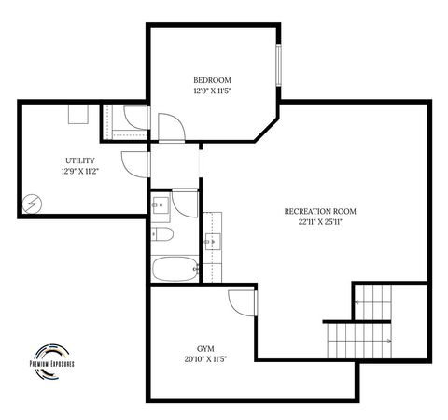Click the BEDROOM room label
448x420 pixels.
click(x=212, y=80)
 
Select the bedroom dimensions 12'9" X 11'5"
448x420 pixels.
click(x=212, y=91)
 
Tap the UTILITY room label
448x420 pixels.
click(x=79, y=161)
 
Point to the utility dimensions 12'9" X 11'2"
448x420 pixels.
click(x=79, y=172)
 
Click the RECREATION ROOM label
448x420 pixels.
click(x=320, y=212)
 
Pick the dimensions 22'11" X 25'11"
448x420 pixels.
click(x=320, y=223)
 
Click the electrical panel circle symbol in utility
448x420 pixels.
click(x=32, y=203)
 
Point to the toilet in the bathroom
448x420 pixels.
click(x=161, y=233)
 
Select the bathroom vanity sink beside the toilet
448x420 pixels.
click(x=160, y=203)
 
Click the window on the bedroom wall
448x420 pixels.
click(x=277, y=67)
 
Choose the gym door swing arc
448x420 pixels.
click(x=242, y=302)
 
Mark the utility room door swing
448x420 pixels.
click(x=134, y=164)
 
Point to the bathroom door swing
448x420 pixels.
click(x=186, y=203)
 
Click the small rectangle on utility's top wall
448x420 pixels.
click(x=77, y=113)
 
